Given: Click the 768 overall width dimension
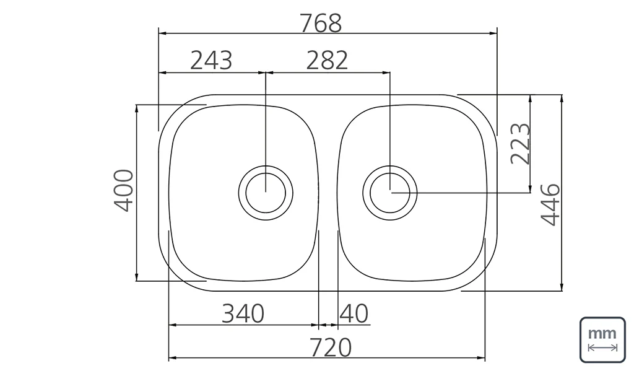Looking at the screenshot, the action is [321, 23].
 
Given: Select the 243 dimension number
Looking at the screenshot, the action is [211, 60].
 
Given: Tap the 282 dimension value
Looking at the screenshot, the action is [327, 60].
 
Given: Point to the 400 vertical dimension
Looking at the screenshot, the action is [124, 191].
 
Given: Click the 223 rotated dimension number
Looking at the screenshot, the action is [520, 144].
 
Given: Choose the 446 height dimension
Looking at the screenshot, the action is [550, 205].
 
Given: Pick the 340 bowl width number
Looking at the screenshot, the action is [243, 313].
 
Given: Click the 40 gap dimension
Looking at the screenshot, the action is [354, 313].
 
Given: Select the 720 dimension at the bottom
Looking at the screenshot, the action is [331, 347].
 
